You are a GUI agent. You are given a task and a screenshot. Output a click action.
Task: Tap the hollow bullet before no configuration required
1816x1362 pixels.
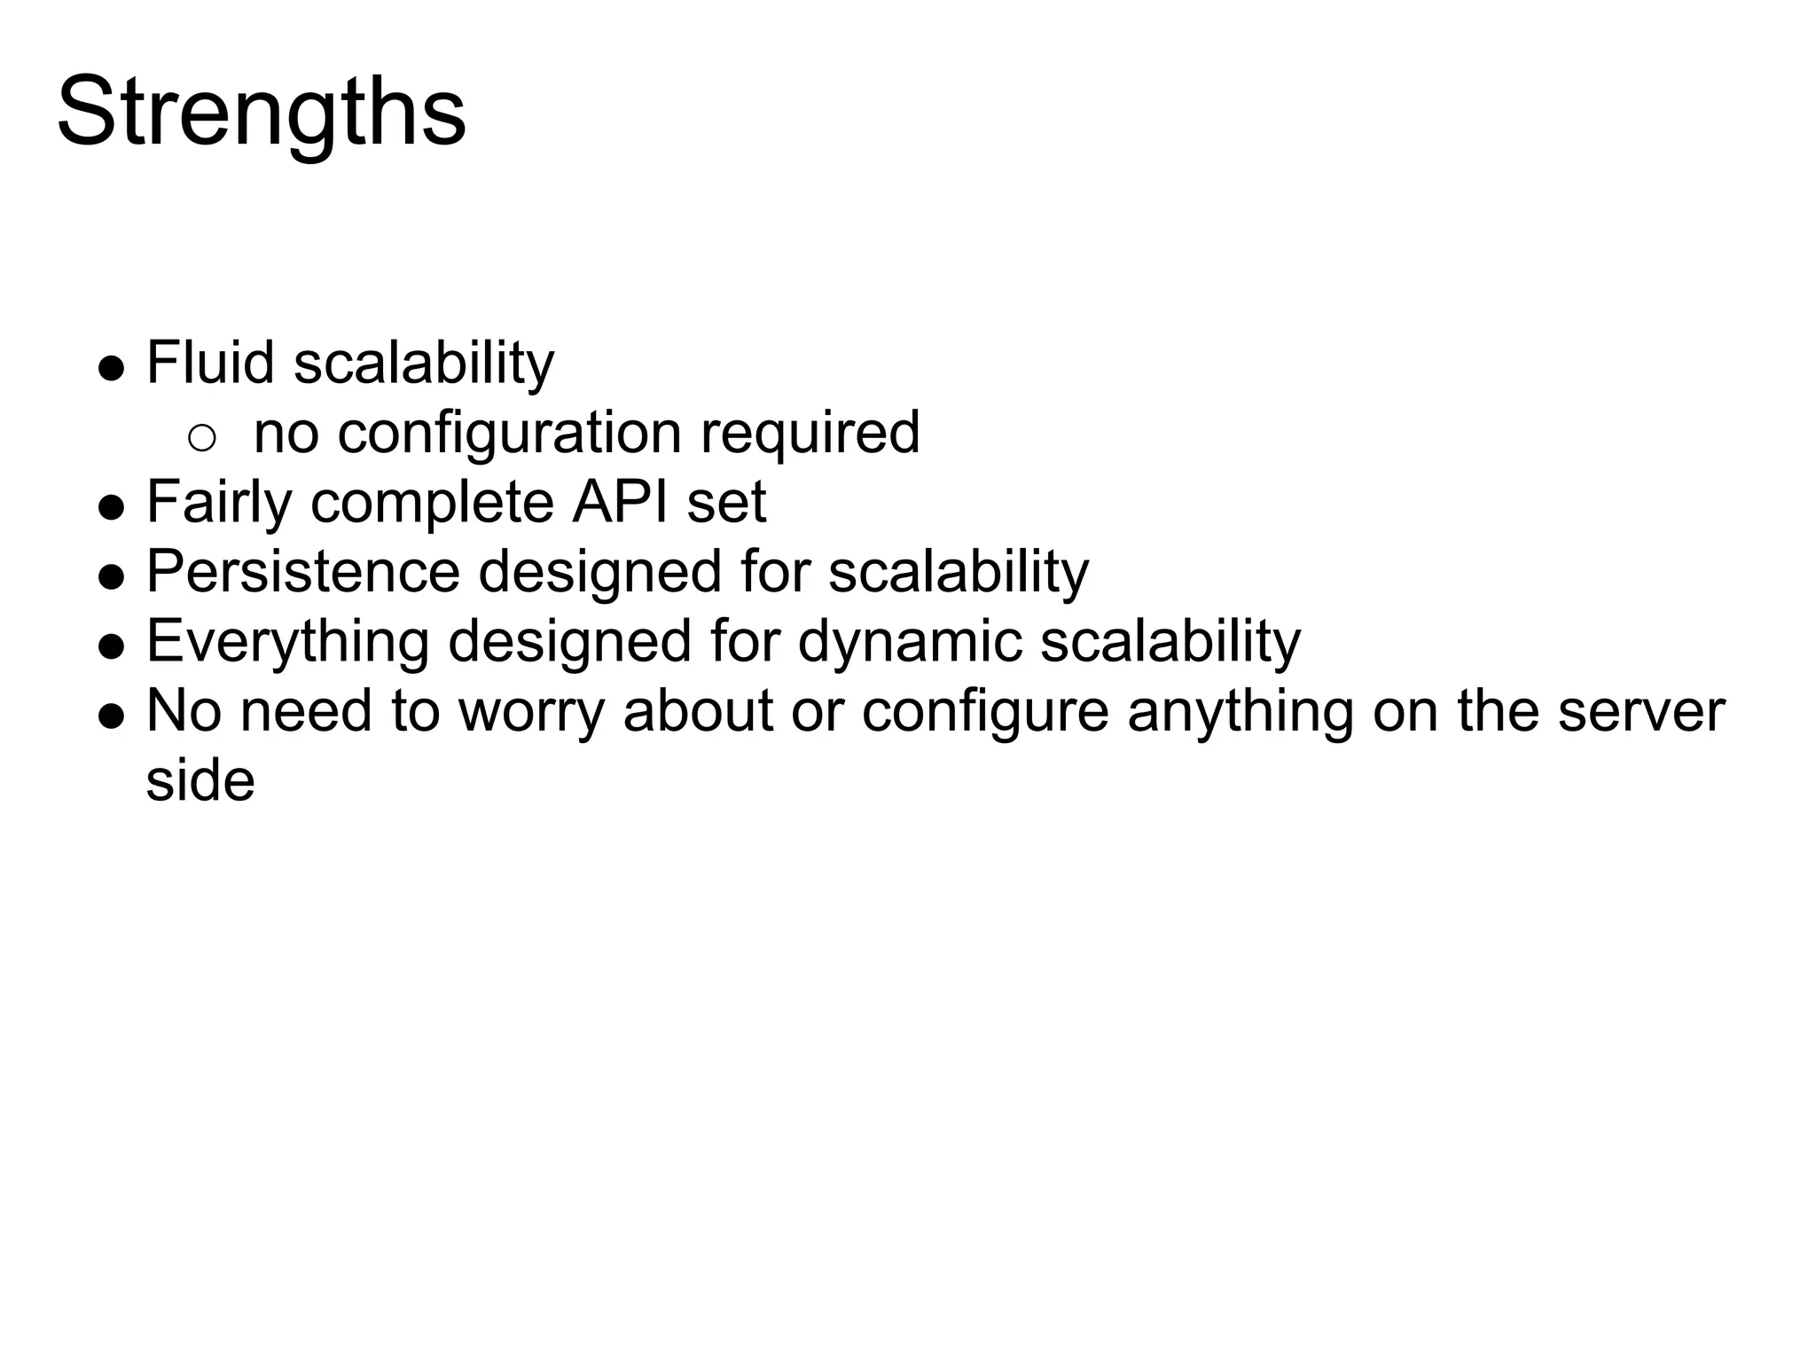coord(202,437)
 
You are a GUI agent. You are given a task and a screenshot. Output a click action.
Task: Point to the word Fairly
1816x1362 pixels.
coord(219,502)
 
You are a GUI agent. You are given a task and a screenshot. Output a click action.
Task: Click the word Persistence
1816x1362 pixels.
coord(303,571)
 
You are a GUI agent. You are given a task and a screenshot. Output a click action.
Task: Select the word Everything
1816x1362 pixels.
coord(287,641)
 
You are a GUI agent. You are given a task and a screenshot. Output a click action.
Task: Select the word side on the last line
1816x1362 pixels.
coord(200,781)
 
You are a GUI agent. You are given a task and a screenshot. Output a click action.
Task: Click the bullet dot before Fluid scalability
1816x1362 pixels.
coord(111,368)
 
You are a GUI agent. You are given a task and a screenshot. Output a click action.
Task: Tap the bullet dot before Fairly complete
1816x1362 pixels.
coord(111,507)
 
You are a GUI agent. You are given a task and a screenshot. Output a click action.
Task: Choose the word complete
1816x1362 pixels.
coord(432,502)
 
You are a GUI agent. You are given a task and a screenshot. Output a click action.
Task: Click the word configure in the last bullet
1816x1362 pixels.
coord(984,711)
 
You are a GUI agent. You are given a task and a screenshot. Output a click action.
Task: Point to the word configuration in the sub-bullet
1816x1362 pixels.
coord(509,434)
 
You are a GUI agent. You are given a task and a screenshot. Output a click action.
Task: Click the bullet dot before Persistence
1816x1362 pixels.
coord(111,576)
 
